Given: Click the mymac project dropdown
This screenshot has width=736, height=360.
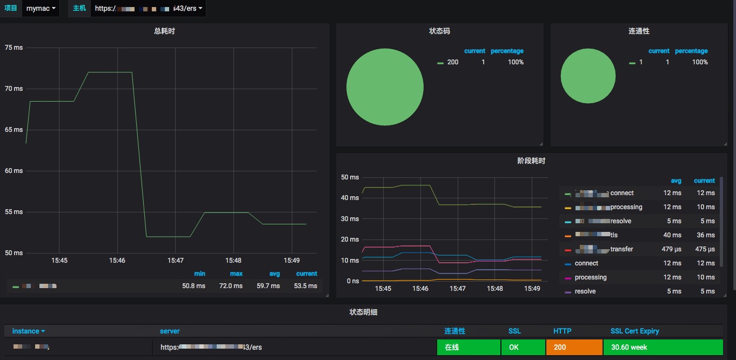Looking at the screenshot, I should click(41, 9).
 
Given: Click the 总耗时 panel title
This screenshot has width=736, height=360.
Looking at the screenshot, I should click(164, 31).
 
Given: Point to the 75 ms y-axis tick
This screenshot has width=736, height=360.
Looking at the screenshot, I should click(14, 48).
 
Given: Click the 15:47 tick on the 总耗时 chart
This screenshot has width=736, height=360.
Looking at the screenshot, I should click(175, 261).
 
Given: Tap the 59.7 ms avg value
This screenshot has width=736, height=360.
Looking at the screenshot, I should click(269, 286).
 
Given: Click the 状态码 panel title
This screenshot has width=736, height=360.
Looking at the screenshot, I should click(439, 31).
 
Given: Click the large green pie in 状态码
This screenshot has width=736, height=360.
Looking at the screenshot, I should click(385, 86).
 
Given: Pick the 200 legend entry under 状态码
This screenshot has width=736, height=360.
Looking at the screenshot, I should click(452, 62).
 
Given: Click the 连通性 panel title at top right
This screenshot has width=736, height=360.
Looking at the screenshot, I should click(639, 31).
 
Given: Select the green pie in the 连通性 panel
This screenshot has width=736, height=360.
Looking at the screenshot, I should click(588, 76).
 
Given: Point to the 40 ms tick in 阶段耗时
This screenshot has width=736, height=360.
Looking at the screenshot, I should click(350, 198).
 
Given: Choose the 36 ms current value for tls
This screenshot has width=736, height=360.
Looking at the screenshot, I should click(706, 235).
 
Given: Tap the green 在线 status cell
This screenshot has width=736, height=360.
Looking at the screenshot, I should click(469, 347).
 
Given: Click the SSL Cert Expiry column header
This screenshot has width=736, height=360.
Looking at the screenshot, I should click(634, 331).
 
